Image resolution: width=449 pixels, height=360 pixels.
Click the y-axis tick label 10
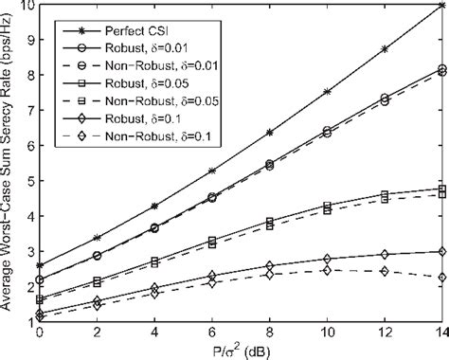tap(27, 6)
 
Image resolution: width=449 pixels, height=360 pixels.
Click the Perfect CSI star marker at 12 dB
tap(384, 49)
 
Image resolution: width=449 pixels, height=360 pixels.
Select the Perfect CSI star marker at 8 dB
tap(269, 133)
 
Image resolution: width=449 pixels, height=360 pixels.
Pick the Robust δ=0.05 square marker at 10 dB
tap(327, 205)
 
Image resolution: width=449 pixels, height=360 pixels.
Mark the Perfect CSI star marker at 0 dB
tap(40, 266)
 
